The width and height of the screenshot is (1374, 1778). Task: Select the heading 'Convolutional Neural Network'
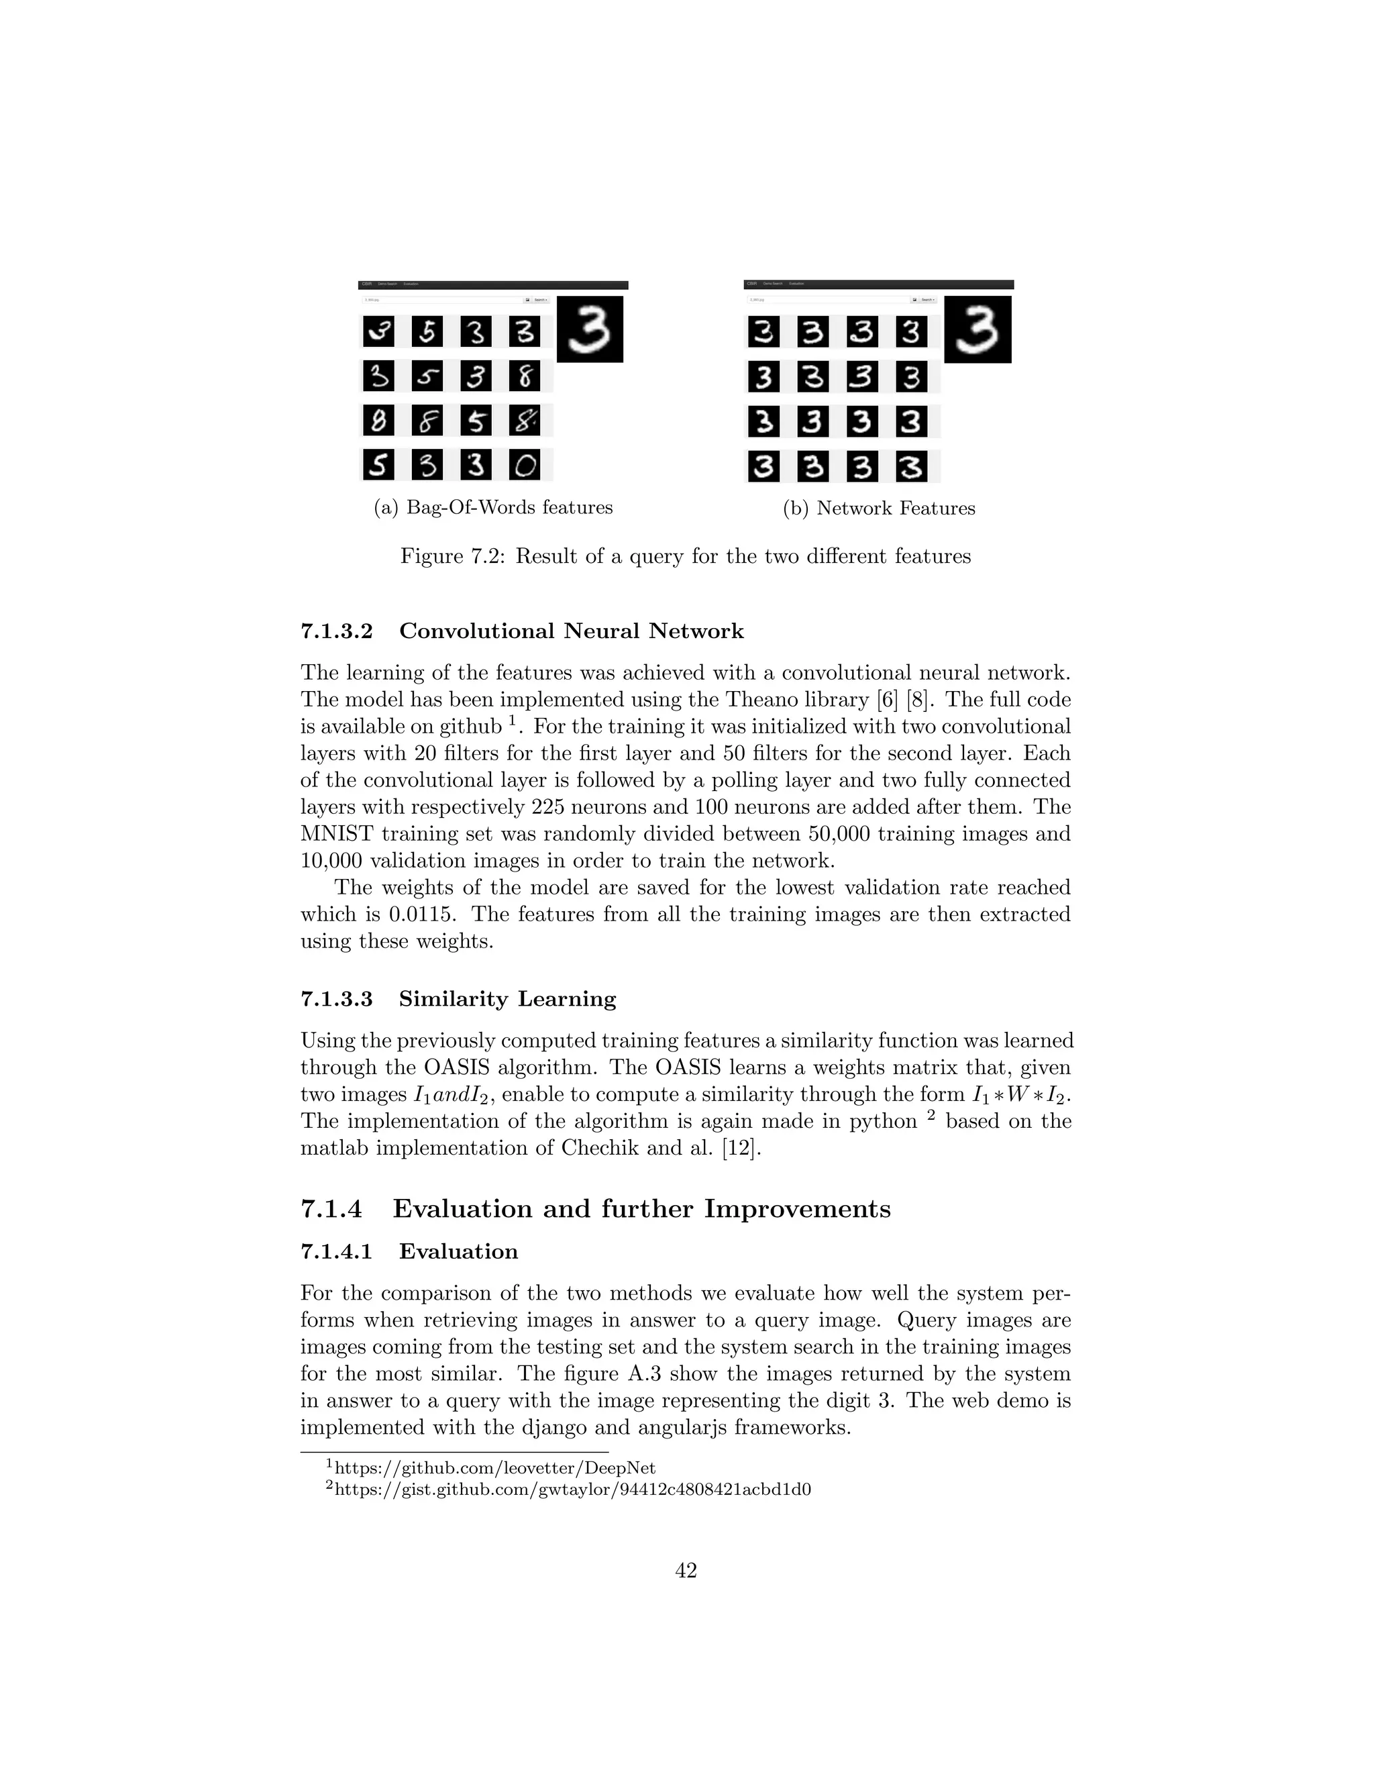pyautogui.click(x=572, y=631)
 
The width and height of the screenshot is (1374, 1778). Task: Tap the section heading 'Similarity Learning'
pyautogui.click(x=507, y=999)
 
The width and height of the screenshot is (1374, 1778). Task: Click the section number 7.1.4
pyautogui.click(x=331, y=1209)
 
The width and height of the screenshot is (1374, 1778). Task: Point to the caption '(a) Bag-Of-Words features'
pyautogui.click(x=493, y=508)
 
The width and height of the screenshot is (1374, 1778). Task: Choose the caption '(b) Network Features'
pyautogui.click(x=879, y=509)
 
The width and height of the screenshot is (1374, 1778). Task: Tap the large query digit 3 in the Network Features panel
pyautogui.click(x=977, y=329)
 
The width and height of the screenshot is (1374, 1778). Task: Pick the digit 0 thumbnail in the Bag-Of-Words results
pyautogui.click(x=525, y=465)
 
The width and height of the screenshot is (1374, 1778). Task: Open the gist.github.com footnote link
pyautogui.click(x=573, y=1489)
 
